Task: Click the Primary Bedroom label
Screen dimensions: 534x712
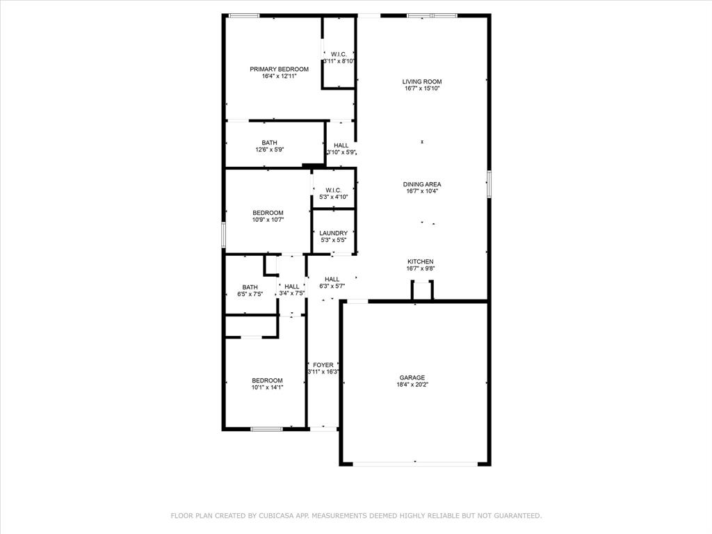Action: pyautogui.click(x=279, y=70)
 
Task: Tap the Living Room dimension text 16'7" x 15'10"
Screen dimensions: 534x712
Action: pyautogui.click(x=421, y=89)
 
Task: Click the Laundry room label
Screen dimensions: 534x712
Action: pyautogui.click(x=334, y=234)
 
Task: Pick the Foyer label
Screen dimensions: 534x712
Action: pyautogui.click(x=323, y=365)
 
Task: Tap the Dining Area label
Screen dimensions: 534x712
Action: pyautogui.click(x=422, y=184)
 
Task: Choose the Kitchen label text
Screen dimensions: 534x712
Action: pyautogui.click(x=421, y=261)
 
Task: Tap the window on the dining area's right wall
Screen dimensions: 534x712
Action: pyautogui.click(x=488, y=184)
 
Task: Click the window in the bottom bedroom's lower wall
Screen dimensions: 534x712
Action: pyautogui.click(x=267, y=429)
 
